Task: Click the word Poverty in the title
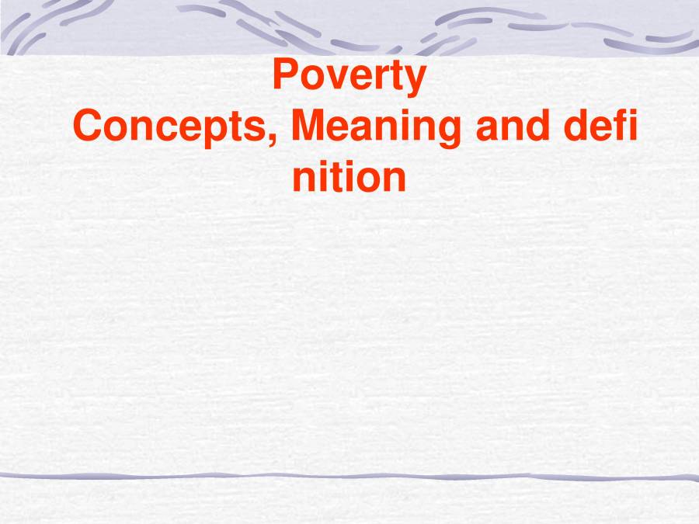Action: point(349,77)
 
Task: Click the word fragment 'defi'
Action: point(601,127)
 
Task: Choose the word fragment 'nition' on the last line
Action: point(349,177)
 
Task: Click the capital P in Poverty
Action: point(286,76)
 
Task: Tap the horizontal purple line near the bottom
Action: point(349,475)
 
